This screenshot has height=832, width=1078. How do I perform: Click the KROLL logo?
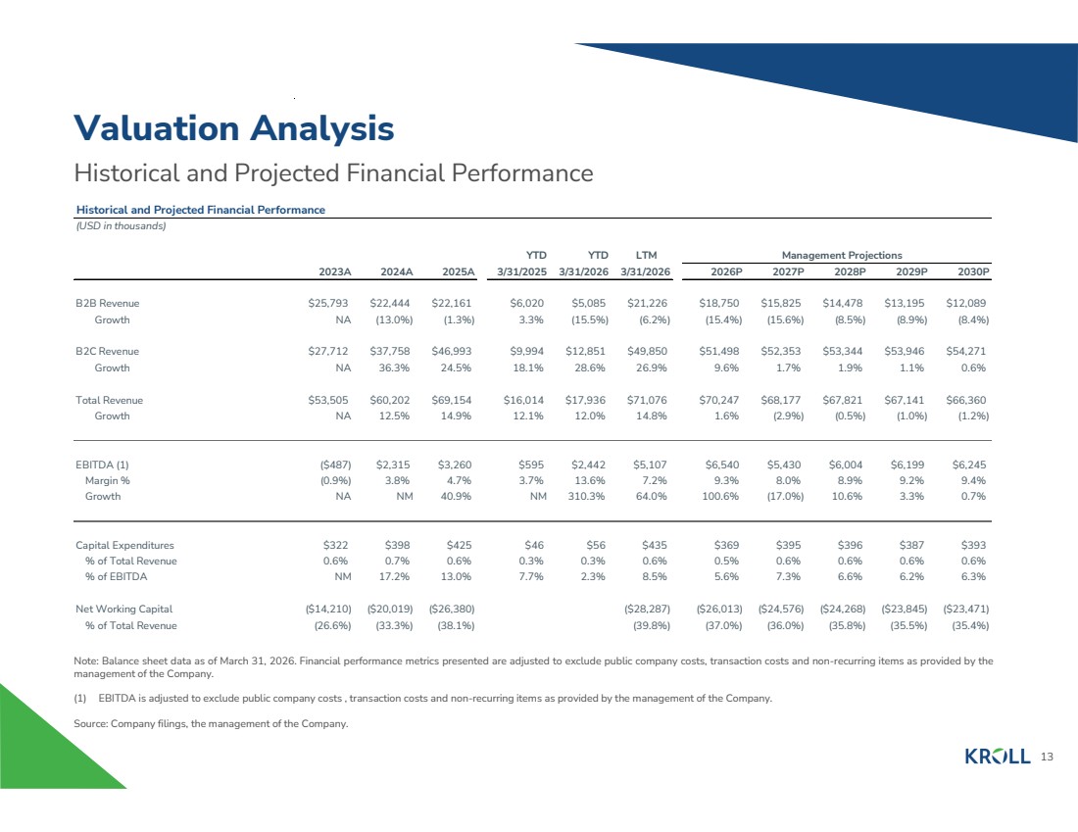998,758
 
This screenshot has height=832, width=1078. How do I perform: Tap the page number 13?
1047,758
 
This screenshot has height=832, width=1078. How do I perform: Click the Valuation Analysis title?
234,128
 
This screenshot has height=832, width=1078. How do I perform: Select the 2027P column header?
788,271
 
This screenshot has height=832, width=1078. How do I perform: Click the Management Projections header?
842,255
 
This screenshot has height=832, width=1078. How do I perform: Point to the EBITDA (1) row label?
102,465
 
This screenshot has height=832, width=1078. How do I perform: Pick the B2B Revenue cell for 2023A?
328,303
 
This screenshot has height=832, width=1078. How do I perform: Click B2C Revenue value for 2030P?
966,352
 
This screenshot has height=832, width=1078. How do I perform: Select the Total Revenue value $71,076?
647,400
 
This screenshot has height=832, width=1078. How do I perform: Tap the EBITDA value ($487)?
335,465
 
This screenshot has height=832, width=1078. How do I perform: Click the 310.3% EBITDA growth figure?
586,497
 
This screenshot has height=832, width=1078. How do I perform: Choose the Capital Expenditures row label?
124,545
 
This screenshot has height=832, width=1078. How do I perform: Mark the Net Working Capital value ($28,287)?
647,610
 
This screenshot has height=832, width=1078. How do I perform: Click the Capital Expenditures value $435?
655,545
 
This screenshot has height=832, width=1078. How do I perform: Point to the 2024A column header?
397,271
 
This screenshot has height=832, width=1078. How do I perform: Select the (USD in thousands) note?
121,226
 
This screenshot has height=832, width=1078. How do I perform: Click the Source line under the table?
211,723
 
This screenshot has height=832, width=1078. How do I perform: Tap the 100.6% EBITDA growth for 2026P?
720,497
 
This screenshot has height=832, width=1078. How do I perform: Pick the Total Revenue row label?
110,400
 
